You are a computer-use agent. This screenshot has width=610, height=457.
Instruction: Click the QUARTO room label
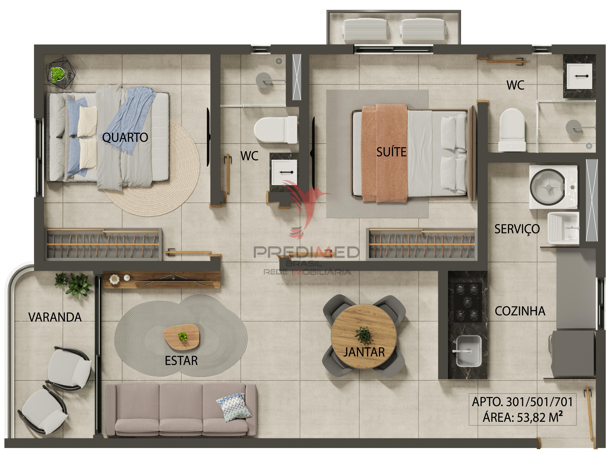[125, 137]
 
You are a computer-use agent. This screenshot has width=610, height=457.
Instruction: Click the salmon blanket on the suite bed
[385, 153]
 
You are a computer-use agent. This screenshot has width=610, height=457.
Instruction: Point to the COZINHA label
[520, 311]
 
